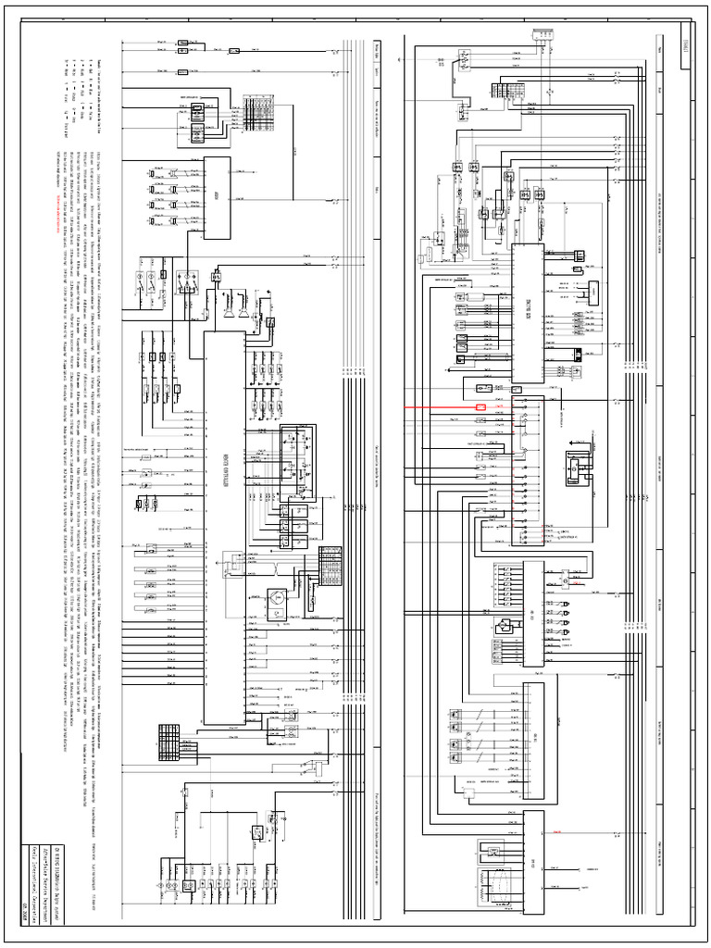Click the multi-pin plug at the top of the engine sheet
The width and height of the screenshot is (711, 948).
click(x=542, y=34)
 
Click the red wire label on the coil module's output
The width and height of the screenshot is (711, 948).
click(x=555, y=831)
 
